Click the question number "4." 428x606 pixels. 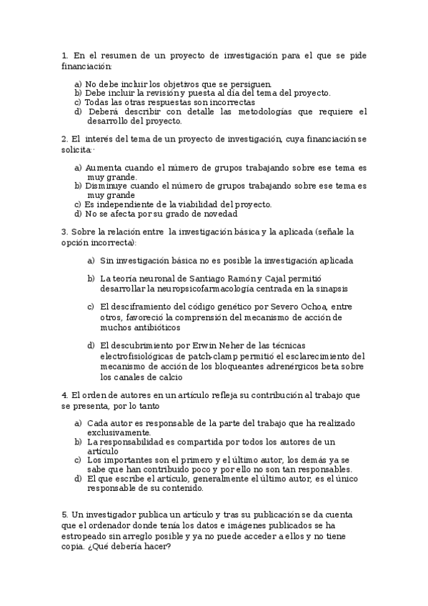click(65, 395)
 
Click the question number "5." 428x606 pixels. click(65, 515)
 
